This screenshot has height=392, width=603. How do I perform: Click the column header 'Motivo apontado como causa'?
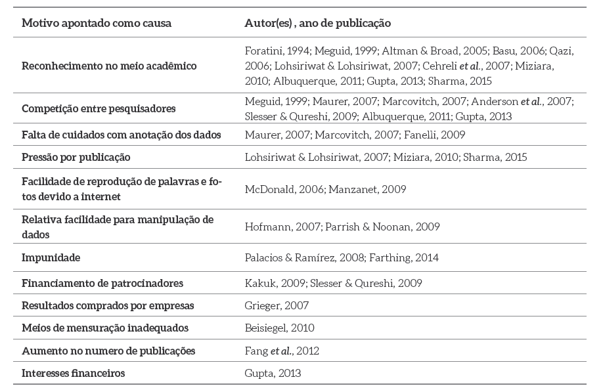(x=97, y=23)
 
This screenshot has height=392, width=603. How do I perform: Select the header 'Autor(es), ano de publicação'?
(x=317, y=23)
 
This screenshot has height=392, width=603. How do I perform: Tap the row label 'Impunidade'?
(x=51, y=257)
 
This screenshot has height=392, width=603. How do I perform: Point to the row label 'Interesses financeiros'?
(x=74, y=373)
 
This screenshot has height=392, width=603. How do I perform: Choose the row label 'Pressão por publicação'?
(x=76, y=157)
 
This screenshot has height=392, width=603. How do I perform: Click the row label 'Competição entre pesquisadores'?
(x=99, y=108)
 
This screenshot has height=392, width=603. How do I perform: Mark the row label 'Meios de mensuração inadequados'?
(x=105, y=328)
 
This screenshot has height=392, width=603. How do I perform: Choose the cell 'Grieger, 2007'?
(x=277, y=305)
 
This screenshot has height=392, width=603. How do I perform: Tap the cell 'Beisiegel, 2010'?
(x=279, y=328)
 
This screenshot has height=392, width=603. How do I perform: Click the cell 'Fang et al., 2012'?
(x=282, y=351)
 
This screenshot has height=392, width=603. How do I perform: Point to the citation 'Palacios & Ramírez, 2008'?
(x=303, y=257)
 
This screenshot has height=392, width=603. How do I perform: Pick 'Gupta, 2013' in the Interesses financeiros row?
(x=273, y=373)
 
